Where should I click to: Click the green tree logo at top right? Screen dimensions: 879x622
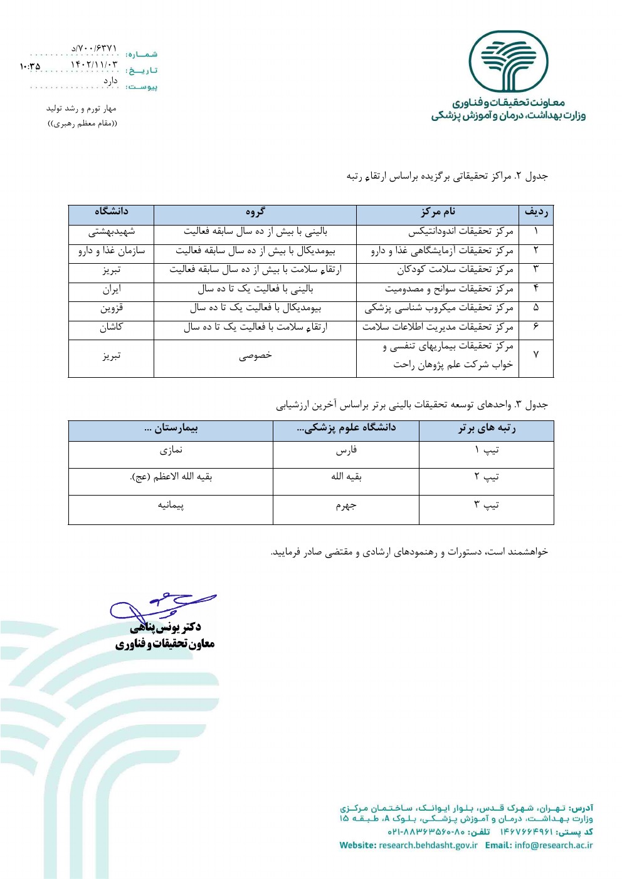click(509, 62)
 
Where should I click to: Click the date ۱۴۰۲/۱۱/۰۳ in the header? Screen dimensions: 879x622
click(93, 65)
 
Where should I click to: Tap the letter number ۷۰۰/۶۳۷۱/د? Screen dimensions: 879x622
click(94, 48)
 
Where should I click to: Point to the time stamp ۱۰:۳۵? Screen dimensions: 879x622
click(29, 66)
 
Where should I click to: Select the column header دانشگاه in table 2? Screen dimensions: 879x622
click(111, 212)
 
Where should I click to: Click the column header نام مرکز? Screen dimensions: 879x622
click(438, 212)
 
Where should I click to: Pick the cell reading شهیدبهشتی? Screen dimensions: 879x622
click(111, 231)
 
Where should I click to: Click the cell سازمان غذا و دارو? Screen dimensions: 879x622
click(111, 251)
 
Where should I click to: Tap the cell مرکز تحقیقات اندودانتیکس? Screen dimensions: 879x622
click(460, 231)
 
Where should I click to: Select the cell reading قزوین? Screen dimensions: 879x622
click(111, 308)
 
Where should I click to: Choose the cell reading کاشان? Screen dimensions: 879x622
click(111, 327)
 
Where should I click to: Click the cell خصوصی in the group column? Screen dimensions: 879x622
click(255, 355)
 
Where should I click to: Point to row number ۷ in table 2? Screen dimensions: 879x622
click(536, 355)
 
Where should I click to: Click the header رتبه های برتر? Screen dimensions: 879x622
click(487, 429)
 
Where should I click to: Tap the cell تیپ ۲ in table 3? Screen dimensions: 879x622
click(487, 477)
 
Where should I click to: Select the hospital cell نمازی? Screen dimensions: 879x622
click(171, 450)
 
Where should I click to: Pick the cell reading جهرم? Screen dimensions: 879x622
click(345, 505)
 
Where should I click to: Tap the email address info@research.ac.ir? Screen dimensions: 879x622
click(553, 845)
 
